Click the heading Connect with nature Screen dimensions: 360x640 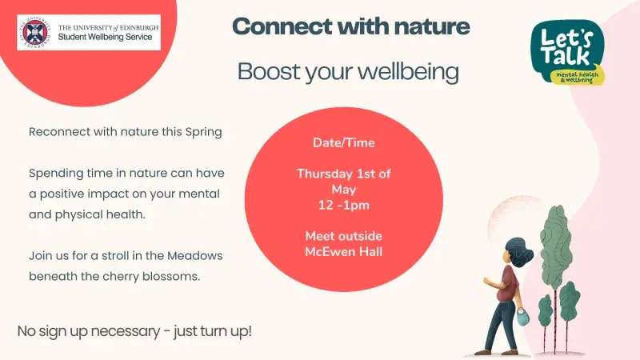pos(351,26)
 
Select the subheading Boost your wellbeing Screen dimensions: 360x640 pos(348,71)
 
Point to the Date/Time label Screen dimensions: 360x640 pos(343,143)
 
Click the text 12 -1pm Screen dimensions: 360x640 pos(343,204)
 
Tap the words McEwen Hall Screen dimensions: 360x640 pos(343,251)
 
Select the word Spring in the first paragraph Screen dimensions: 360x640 pos(203,132)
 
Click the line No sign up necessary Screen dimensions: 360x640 pos(134,330)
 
